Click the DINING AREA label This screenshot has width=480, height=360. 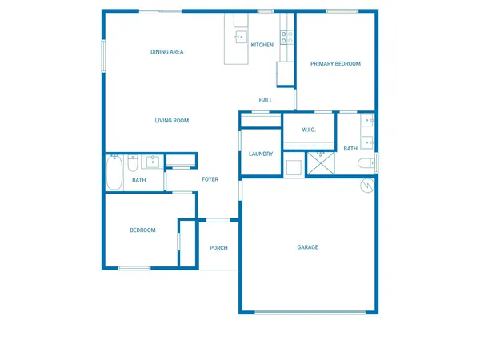167,52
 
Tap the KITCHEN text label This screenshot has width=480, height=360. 262,45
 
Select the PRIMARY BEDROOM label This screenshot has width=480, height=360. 336,64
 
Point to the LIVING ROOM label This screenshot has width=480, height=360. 172,121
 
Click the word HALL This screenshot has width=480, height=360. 266,100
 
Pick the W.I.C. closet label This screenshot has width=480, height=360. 309,130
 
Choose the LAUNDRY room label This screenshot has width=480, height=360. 261,154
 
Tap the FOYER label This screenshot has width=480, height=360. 210,179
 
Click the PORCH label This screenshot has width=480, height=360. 218,248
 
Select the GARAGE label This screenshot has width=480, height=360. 308,247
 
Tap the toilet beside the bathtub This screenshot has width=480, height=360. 132,162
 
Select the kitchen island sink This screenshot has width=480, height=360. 239,37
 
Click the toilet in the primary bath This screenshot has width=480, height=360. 366,164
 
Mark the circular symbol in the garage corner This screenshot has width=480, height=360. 367,186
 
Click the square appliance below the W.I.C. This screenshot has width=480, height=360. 294,168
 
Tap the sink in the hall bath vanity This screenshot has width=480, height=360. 152,162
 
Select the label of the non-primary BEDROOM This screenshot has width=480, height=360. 142,230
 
